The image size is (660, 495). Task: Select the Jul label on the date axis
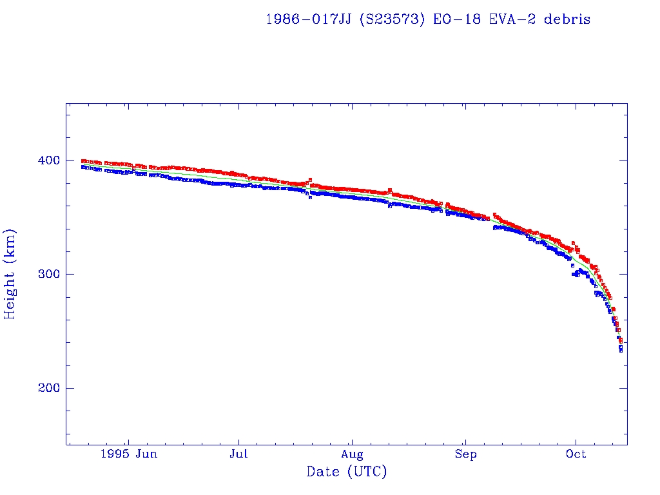coord(239,454)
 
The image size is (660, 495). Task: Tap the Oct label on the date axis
coord(576,454)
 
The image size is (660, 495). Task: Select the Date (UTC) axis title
coord(347,472)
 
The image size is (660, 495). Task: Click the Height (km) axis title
coord(10,274)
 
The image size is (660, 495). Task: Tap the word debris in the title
coord(567,19)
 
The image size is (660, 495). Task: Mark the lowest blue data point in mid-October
coord(621,351)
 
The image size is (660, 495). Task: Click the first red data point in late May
coord(82,160)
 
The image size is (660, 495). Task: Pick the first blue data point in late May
coord(82,166)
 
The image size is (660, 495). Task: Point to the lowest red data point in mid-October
coord(621,341)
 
